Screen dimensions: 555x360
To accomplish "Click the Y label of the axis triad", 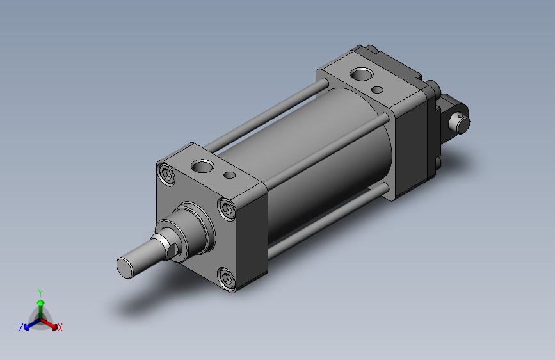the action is [x=40, y=293].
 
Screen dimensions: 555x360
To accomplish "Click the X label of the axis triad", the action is [x=60, y=327].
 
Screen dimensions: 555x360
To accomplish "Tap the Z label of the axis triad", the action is [x=21, y=327].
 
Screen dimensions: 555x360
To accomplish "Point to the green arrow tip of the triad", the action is [x=41, y=303].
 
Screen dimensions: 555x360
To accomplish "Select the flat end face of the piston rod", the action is [x=124, y=268].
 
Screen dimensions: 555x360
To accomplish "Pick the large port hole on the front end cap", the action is [x=202, y=166].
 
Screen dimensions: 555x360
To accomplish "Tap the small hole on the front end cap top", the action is [x=230, y=175].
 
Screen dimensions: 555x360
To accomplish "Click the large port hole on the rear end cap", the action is [x=362, y=74].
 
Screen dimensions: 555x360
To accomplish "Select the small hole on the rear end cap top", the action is [x=378, y=90].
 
